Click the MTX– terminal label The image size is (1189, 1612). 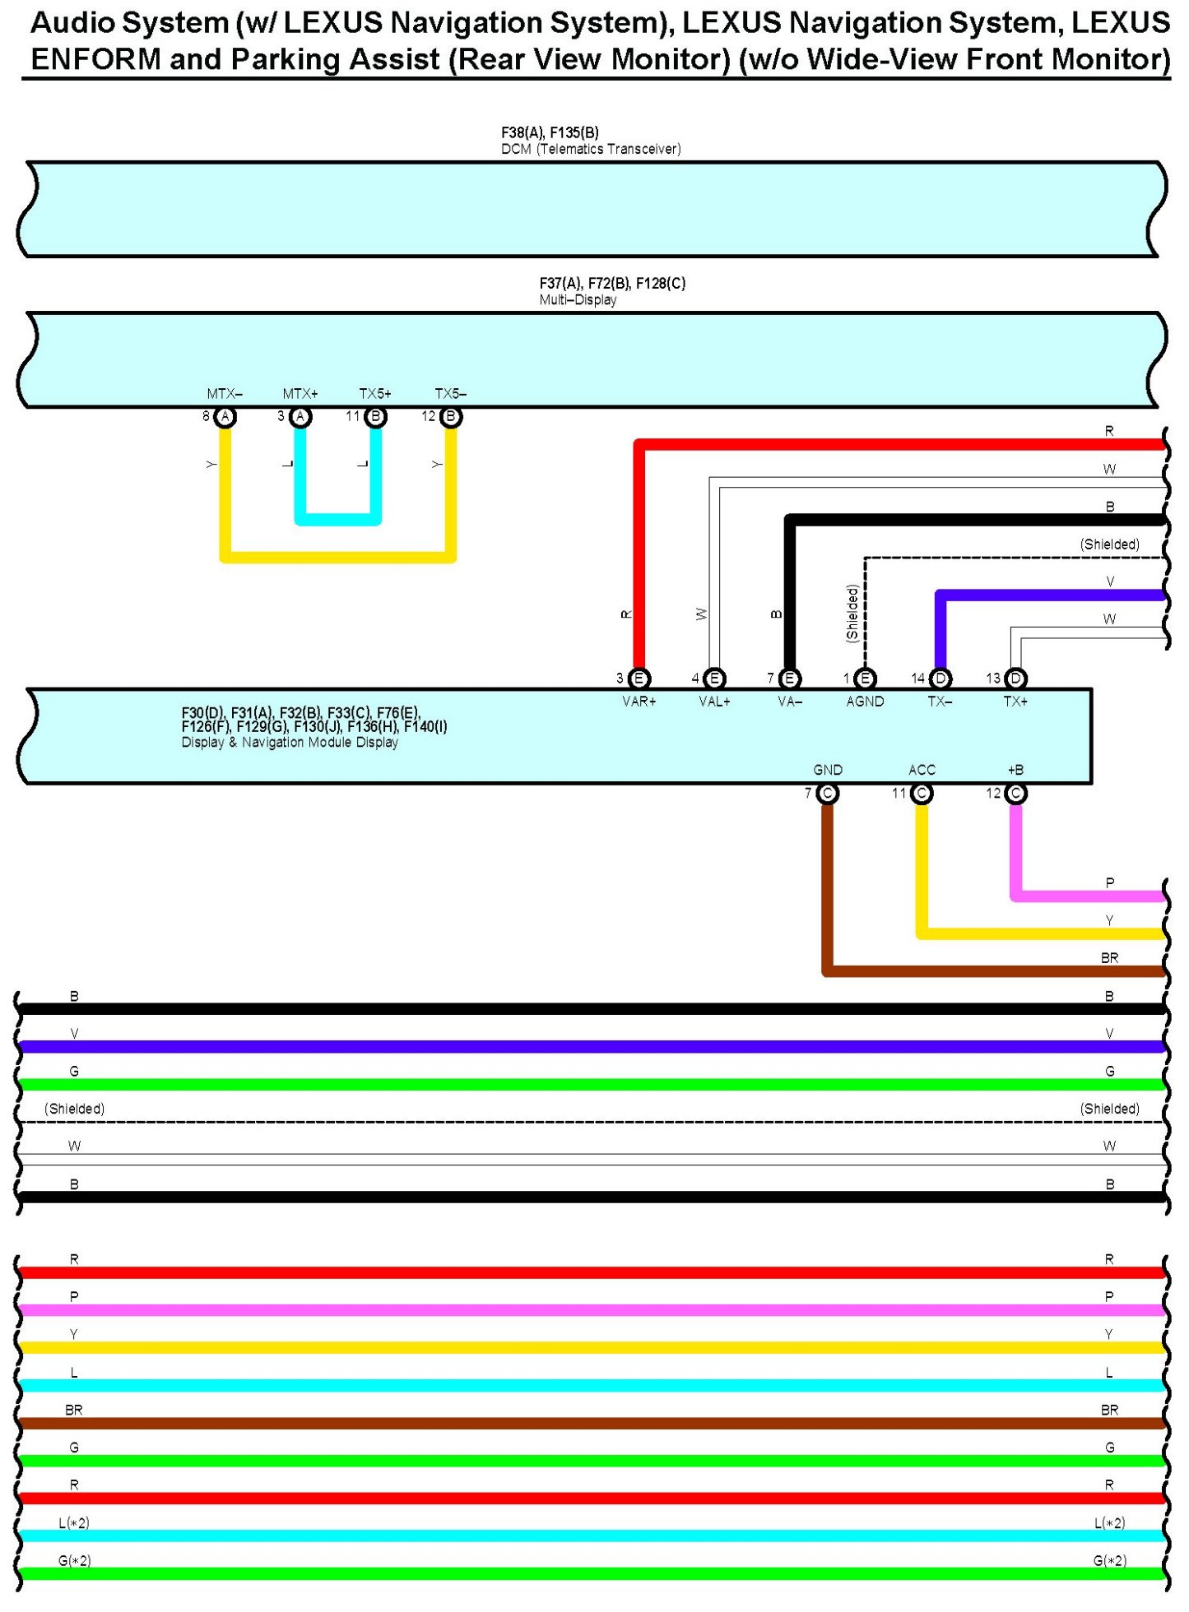[x=225, y=394]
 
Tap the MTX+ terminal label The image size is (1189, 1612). [x=300, y=394]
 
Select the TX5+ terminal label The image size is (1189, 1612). [x=375, y=394]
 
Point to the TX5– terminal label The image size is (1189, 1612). [x=450, y=394]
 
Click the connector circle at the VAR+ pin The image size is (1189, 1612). [x=639, y=679]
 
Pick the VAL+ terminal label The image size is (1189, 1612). [x=714, y=702]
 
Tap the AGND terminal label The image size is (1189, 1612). [x=865, y=702]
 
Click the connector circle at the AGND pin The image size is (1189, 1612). [x=865, y=679]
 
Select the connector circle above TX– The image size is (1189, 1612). [x=941, y=679]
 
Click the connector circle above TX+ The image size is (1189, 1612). [x=1016, y=679]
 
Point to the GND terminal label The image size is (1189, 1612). [x=828, y=770]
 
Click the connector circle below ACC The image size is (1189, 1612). [x=922, y=794]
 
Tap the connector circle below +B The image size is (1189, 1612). [x=1016, y=794]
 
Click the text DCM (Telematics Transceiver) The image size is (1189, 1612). [x=591, y=149]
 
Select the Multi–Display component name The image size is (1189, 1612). [x=578, y=300]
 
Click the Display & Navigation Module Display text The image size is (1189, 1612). [x=290, y=743]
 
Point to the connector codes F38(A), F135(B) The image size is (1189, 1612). [x=550, y=132]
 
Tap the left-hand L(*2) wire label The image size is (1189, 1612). [x=74, y=1523]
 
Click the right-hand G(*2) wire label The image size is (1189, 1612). [x=1109, y=1561]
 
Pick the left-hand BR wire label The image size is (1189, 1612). [x=74, y=1410]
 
